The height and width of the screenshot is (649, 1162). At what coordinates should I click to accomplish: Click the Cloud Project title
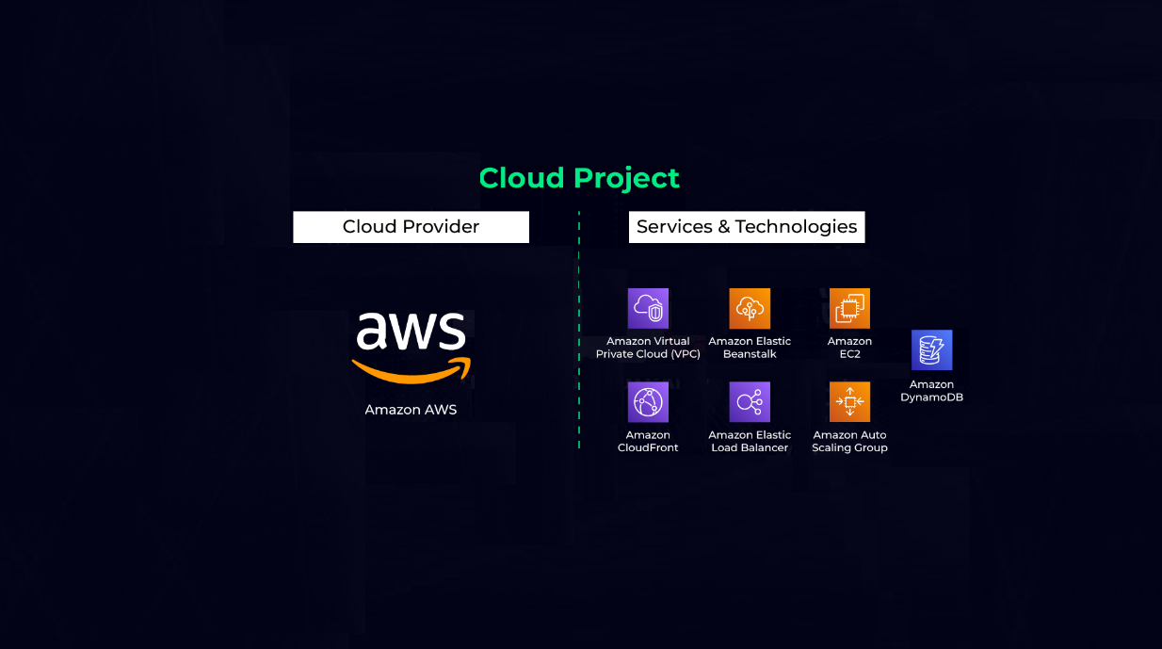pos(579,178)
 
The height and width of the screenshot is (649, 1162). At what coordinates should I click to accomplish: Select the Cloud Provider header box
pos(411,227)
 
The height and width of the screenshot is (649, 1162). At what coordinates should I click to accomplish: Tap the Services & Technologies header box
pos(747,227)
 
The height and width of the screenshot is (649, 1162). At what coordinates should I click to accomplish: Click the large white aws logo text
pos(412,331)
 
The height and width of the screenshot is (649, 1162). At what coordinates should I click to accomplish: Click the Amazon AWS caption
pos(411,410)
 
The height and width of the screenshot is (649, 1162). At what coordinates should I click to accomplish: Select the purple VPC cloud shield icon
pos(648,308)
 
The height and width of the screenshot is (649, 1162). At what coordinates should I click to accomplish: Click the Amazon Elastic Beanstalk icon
pos(750,308)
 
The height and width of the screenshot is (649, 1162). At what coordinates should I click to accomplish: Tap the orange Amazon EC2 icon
pos(849,308)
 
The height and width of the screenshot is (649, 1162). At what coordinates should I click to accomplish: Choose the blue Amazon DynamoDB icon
pos(931,349)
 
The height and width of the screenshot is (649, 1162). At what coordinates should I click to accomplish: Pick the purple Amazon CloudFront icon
pos(648,402)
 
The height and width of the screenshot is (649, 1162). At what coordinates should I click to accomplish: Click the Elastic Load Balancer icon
pos(750,402)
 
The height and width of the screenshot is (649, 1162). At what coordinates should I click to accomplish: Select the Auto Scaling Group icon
pos(849,402)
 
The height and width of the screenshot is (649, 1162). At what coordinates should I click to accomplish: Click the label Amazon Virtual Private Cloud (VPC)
pos(648,348)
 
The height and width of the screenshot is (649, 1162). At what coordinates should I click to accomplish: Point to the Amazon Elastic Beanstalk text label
pos(750,348)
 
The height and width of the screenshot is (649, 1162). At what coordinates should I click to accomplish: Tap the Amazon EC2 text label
pos(849,348)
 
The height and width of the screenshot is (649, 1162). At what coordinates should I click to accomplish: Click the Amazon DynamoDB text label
pos(931,391)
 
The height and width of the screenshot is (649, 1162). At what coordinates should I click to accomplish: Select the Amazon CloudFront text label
pos(648,441)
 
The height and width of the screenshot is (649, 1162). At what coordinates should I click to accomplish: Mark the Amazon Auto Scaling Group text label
pos(849,441)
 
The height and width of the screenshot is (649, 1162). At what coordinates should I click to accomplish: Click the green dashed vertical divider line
pos(579,330)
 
